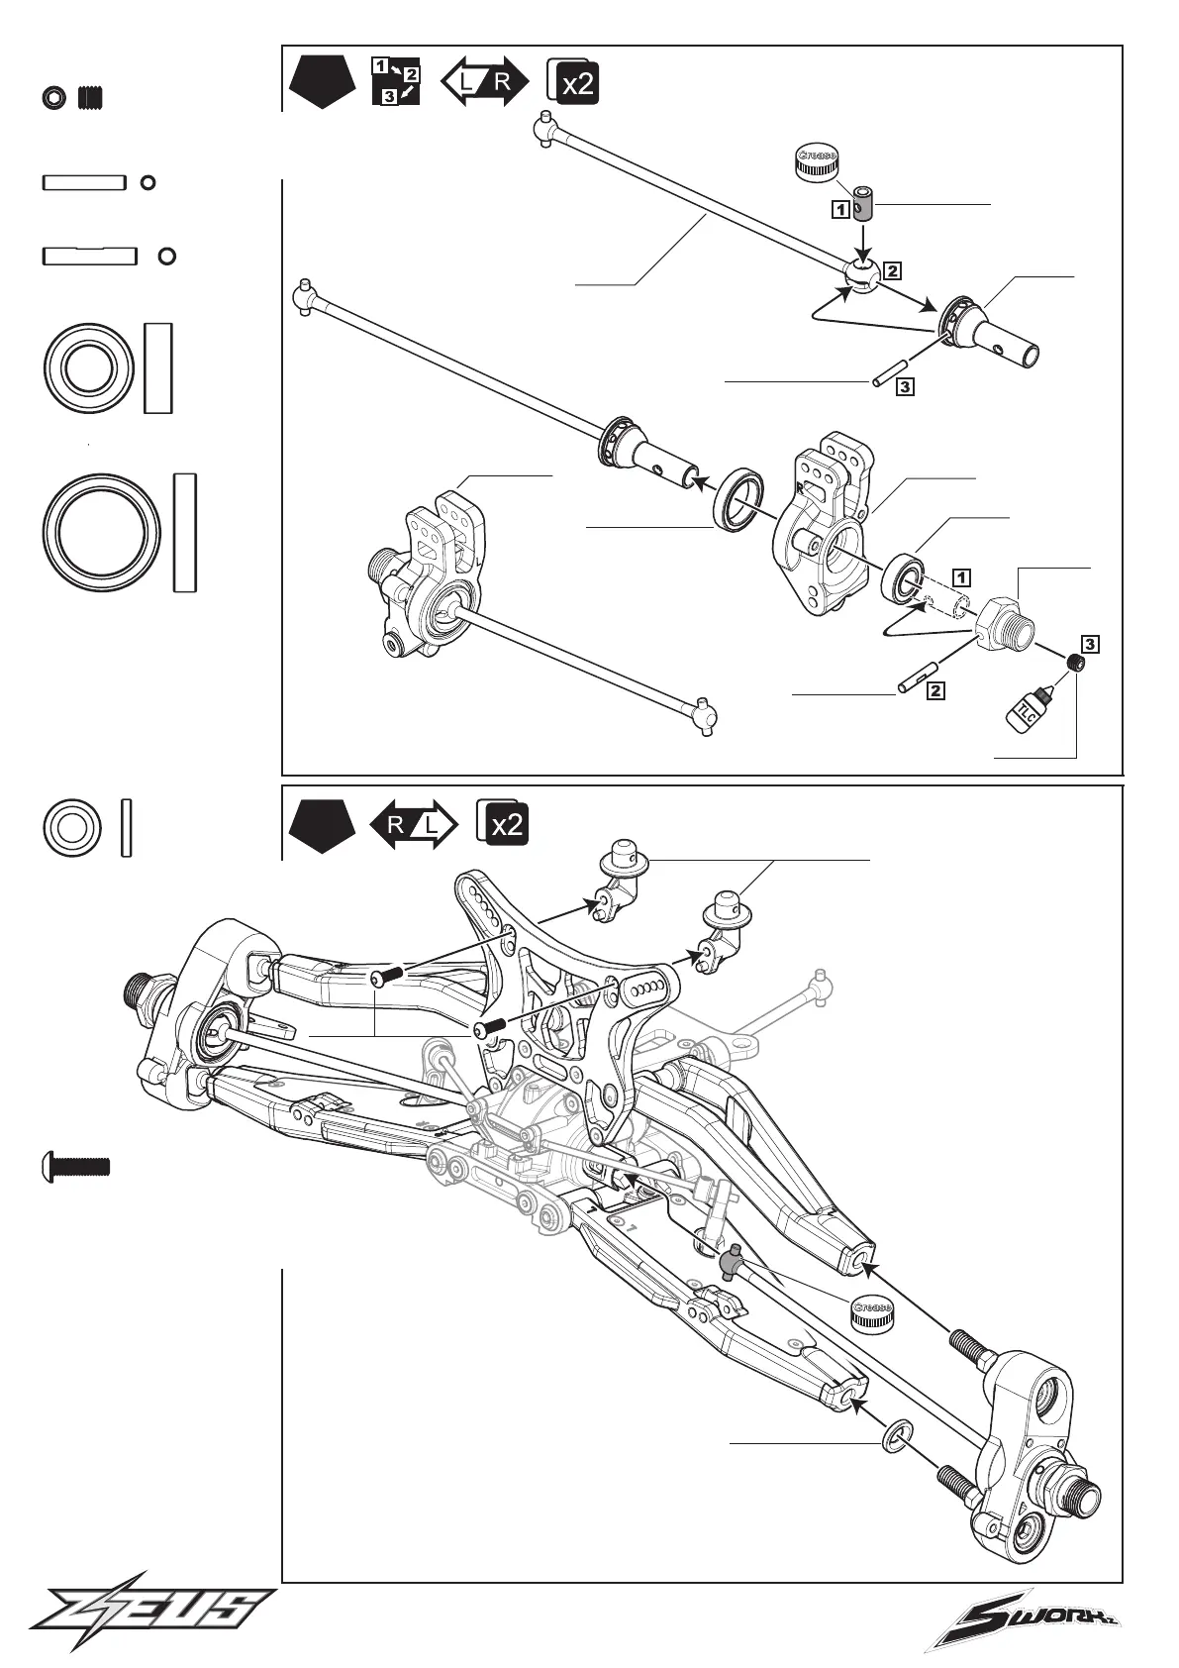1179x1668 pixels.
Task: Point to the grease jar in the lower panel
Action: pos(871,1313)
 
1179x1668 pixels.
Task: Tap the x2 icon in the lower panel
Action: pos(503,822)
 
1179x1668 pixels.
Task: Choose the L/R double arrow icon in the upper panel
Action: pos(485,81)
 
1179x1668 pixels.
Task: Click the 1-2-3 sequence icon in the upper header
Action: pos(396,81)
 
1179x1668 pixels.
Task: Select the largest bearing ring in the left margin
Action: pos(103,532)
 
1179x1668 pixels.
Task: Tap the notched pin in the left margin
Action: pos(89,257)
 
